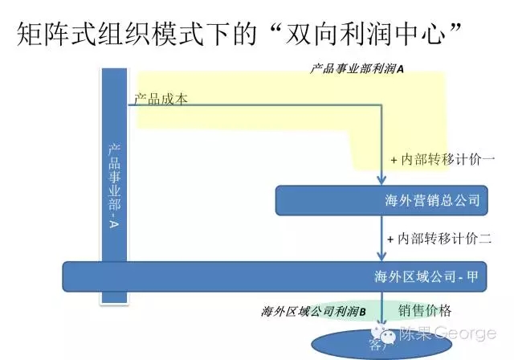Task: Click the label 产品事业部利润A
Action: [x=357, y=69]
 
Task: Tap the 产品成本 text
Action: [x=161, y=100]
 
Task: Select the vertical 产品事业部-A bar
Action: [x=114, y=186]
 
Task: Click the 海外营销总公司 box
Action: [x=381, y=201]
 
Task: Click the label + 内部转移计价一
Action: [x=443, y=160]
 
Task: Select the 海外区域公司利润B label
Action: [x=313, y=311]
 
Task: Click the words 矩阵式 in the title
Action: [x=54, y=36]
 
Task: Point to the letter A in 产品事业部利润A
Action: [x=400, y=69]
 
